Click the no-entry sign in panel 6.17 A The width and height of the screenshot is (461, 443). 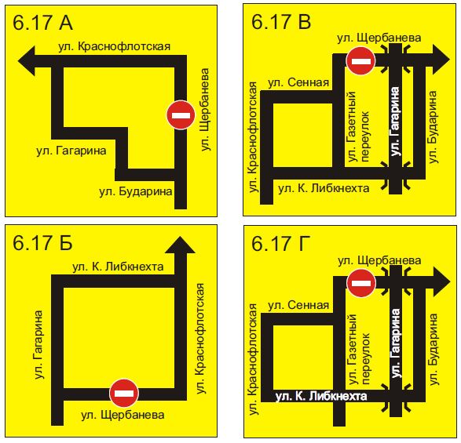pyautogui.click(x=181, y=114)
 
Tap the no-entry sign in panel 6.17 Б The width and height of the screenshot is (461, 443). pyautogui.click(x=124, y=393)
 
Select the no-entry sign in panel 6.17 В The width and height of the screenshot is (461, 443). pyautogui.click(x=360, y=61)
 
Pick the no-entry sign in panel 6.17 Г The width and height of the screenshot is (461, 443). pyautogui.click(x=361, y=283)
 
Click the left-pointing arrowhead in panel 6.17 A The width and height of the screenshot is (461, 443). pyautogui.click(x=27, y=61)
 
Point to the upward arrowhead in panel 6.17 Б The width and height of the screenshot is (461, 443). pyautogui.click(x=180, y=245)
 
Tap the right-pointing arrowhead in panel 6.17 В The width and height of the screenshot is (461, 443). pyautogui.click(x=441, y=60)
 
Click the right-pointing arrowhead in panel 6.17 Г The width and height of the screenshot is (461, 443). pyautogui.click(x=441, y=282)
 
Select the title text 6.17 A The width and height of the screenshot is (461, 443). pyautogui.click(x=42, y=22)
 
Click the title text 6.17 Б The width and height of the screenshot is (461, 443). pyautogui.click(x=42, y=243)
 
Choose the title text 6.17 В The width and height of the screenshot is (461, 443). pyautogui.click(x=281, y=21)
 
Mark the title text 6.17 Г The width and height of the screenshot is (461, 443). pyautogui.click(x=281, y=244)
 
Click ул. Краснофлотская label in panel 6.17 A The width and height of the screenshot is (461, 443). pyautogui.click(x=115, y=47)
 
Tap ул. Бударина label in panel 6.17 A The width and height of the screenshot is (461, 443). pyautogui.click(x=136, y=191)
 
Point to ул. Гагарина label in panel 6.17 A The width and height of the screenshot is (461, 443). pyautogui.click(x=71, y=151)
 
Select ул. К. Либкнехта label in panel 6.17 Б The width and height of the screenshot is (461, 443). pyautogui.click(x=118, y=267)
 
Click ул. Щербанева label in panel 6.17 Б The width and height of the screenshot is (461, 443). pyautogui.click(x=123, y=415)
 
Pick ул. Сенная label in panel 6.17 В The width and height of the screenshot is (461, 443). pyautogui.click(x=298, y=82)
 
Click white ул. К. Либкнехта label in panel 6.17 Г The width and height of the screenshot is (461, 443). pyautogui.click(x=321, y=396)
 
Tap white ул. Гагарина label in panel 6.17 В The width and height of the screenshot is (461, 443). pyautogui.click(x=395, y=121)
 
